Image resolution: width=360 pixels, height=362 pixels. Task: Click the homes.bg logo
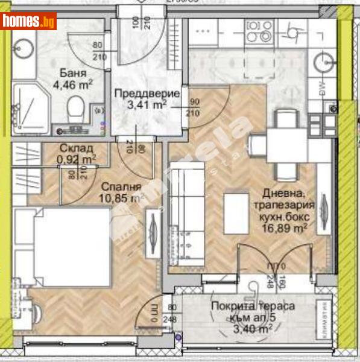click(x=29, y=22)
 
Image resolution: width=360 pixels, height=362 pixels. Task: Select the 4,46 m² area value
click(x=72, y=85)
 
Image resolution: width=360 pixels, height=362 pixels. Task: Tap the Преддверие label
click(x=147, y=94)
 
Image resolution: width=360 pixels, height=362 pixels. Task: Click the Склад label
click(x=75, y=148)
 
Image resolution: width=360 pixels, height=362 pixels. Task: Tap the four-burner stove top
click(x=261, y=31)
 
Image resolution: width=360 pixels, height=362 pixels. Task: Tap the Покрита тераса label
click(x=253, y=306)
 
